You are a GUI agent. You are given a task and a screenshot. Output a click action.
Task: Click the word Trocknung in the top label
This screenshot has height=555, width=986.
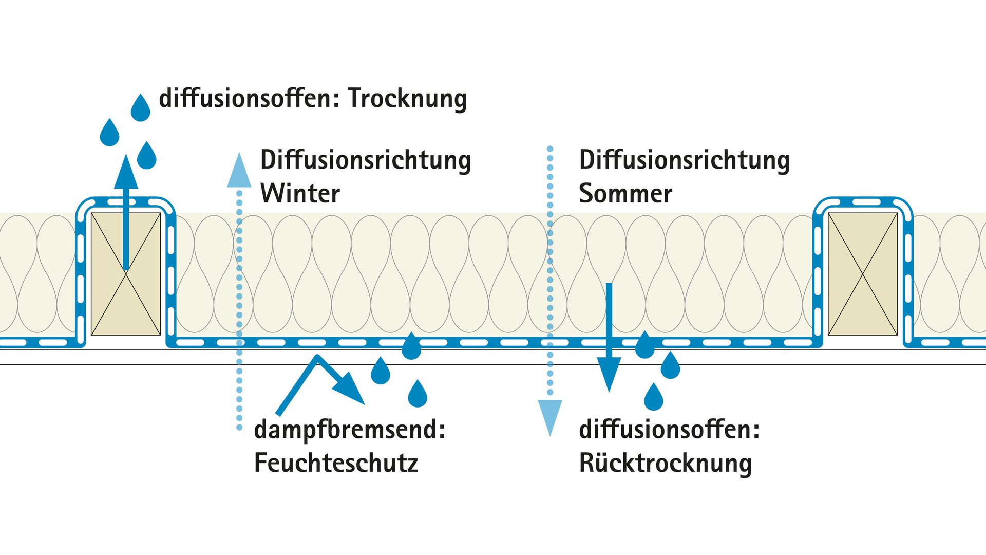[407, 99]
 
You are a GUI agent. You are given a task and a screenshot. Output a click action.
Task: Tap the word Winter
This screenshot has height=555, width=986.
[300, 193]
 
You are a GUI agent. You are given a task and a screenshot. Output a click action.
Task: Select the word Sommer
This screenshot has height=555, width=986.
[625, 193]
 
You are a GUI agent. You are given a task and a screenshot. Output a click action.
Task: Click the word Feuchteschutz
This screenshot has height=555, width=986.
[336, 462]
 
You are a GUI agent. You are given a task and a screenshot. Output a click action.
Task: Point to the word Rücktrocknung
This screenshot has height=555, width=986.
[665, 462]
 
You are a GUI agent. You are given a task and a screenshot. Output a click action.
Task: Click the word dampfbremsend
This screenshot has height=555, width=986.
[347, 430]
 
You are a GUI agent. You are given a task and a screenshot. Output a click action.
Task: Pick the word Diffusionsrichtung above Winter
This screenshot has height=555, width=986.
[365, 160]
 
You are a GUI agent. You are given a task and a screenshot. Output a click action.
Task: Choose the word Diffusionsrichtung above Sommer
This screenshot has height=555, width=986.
[684, 160]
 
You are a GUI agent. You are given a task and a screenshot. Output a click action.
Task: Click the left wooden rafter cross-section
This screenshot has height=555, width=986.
[126, 274]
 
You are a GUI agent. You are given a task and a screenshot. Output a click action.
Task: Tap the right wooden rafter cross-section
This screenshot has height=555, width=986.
[863, 274]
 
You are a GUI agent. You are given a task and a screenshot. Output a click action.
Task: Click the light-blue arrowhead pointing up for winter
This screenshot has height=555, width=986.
[239, 170]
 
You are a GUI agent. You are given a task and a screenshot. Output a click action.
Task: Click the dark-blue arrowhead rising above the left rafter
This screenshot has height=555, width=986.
[126, 171]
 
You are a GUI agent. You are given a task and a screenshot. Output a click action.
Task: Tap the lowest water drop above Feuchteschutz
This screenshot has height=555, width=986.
[418, 394]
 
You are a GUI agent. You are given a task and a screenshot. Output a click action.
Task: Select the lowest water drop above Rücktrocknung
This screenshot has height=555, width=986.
[654, 397]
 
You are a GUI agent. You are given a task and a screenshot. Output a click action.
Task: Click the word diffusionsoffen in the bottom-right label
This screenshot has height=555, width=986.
[665, 430]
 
